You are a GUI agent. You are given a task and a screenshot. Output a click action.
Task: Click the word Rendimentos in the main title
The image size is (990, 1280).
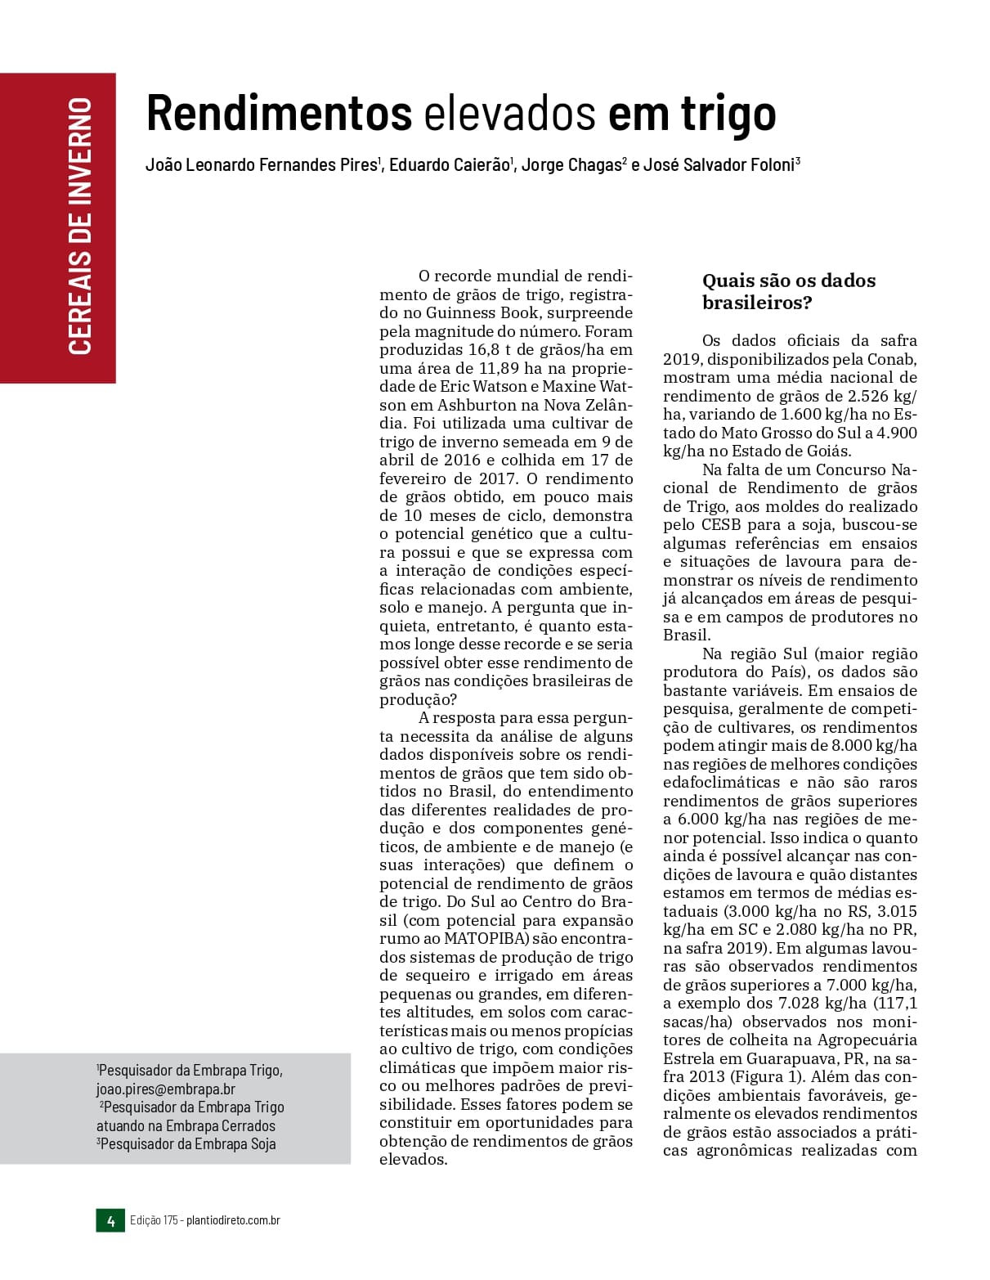pos(278,113)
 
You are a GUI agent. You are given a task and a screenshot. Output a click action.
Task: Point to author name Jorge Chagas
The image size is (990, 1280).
pos(571,165)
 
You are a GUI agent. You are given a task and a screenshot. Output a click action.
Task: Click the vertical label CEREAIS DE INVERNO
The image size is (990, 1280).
pos(79,227)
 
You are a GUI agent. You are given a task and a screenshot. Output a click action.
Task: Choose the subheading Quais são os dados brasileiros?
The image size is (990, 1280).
pos(788,292)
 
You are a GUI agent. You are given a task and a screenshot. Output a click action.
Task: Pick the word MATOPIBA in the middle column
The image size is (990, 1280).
pos(487,938)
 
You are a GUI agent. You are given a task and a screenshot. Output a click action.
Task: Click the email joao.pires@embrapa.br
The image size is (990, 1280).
pos(166,1089)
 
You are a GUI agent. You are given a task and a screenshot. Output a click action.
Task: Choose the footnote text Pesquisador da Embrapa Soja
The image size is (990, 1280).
pos(187,1144)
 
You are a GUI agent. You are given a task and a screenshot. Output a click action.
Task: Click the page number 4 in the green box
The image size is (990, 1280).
pos(110,1220)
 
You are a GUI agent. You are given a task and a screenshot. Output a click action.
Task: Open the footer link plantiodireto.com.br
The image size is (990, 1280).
pos(233,1220)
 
